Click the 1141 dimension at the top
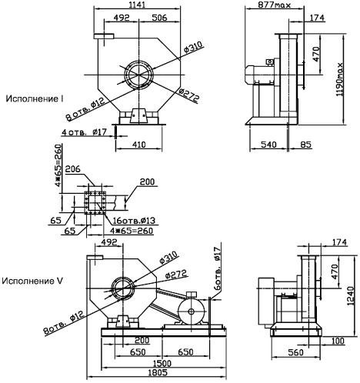pos(138,5)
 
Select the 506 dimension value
pos(159,18)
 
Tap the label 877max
pos(275,5)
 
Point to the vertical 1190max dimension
pos(340,79)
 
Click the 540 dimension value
pos(268,145)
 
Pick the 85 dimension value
pos(306,145)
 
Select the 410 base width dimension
pos(138,145)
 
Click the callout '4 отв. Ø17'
pos(84,132)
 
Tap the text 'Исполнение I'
pos(35,98)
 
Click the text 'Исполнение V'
pos(32,281)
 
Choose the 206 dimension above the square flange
pos(73,169)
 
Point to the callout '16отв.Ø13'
pos(135,221)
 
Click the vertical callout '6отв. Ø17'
pos(217,268)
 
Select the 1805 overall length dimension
pos(158,372)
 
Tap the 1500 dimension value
pos(162,363)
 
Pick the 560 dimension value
pos(295,352)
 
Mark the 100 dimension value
pos(338,341)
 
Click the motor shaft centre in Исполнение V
pos(191,311)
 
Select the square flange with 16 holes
pos(95,202)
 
